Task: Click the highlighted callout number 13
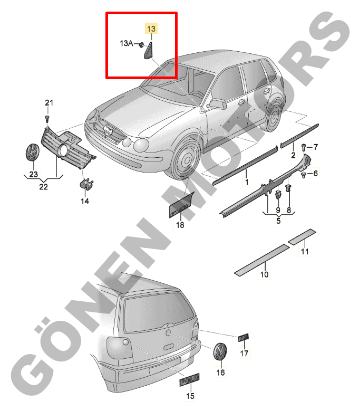coord(151,28)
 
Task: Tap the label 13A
coord(126,43)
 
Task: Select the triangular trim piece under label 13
coord(148,50)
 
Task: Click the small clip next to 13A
coord(141,44)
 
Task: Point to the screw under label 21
coord(47,119)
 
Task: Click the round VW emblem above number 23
coord(32,152)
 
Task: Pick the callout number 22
coord(43,186)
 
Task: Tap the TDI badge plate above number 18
coord(181,205)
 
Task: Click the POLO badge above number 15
coord(189,380)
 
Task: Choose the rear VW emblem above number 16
coord(220,351)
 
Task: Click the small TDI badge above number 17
coord(243,337)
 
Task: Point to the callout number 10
coord(264,274)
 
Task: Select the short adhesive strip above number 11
coord(301,236)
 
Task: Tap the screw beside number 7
coord(304,147)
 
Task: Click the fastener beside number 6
coord(304,175)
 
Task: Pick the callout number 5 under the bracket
coord(278,221)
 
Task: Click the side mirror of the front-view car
coord(217,104)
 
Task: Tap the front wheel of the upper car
coord(186,159)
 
